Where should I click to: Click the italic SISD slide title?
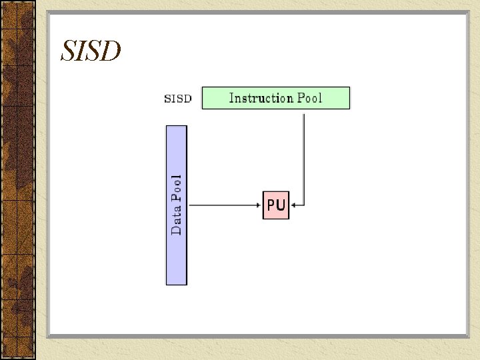point(91,51)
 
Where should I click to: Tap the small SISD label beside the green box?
point(178,99)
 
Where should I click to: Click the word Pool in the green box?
point(309,98)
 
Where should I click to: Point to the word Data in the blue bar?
point(177,221)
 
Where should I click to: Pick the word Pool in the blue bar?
point(177,188)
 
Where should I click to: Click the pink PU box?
point(276,205)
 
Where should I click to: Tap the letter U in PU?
point(281,205)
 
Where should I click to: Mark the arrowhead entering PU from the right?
point(293,205)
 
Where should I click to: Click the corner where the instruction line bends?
point(304,205)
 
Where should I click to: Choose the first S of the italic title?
point(67,51)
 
